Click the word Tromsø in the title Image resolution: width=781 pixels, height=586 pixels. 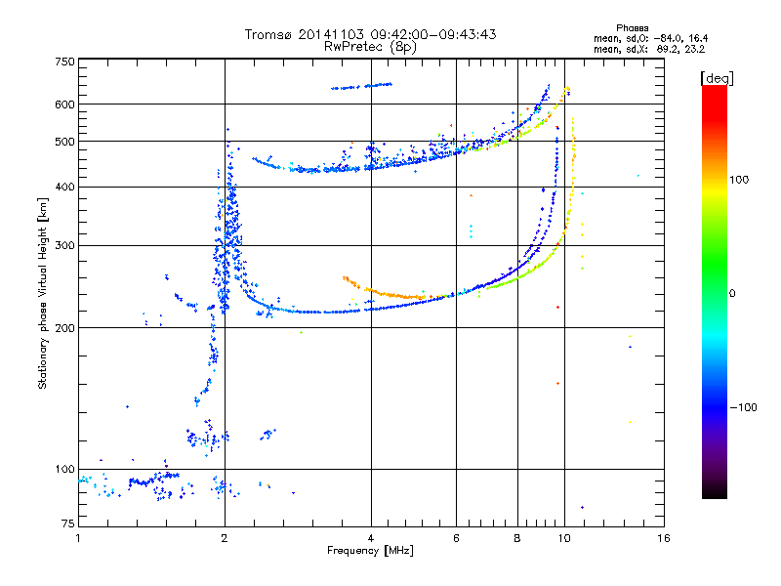(267, 34)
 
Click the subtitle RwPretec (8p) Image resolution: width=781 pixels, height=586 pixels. (370, 47)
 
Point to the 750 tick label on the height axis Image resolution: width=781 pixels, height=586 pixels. (64, 62)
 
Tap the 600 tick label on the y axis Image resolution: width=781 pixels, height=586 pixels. (64, 105)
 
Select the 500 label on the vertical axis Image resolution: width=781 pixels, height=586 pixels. (64, 142)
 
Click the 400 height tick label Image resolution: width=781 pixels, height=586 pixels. (64, 187)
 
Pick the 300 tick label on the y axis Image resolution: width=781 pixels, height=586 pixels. (64, 245)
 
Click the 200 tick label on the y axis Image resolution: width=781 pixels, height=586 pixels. (64, 328)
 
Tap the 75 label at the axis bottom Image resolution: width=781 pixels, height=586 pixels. (68, 523)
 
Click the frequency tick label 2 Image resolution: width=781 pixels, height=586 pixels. (225, 538)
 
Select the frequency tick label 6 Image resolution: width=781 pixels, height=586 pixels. (456, 538)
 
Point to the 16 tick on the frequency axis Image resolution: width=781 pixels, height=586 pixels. (664, 538)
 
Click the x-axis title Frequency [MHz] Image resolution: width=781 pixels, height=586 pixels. (370, 551)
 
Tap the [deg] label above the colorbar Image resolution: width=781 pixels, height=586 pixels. (717, 78)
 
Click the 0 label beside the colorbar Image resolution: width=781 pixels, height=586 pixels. (732, 293)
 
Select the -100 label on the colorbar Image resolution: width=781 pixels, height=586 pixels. (744, 407)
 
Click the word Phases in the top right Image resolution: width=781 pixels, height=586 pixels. (632, 28)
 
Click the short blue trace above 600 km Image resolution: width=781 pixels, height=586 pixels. (361, 86)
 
